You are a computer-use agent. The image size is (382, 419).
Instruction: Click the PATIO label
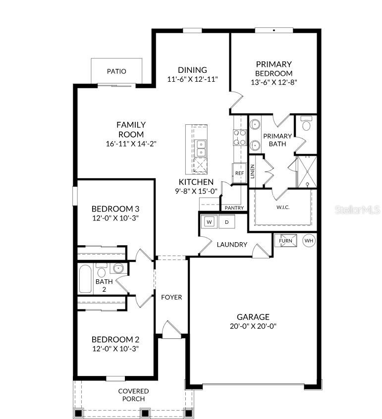[116, 71]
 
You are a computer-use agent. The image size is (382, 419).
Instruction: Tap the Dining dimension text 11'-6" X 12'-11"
[193, 79]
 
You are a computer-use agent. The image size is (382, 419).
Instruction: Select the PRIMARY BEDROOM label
[273, 68]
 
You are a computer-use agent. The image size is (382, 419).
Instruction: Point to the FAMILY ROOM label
[131, 129]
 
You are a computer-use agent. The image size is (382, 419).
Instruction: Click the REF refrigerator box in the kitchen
[240, 173]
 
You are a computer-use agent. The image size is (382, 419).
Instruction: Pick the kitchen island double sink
[201, 147]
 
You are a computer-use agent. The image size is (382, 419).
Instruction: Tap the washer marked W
[209, 222]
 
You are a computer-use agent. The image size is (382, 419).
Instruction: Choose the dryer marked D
[227, 222]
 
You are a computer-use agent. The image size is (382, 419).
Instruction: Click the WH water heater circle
[309, 241]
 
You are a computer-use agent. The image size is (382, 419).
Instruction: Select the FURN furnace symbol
[285, 241]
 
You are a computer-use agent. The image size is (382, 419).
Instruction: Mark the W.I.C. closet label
[282, 207]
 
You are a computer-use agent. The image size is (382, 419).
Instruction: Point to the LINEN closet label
[252, 171]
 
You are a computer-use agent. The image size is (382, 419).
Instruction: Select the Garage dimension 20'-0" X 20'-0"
[253, 326]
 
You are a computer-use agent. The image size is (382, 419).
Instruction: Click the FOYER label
[171, 297]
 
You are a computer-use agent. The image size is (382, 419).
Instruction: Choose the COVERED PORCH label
[133, 395]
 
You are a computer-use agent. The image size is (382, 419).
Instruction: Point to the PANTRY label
[234, 208]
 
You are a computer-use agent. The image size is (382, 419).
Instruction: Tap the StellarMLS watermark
[358, 210]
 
